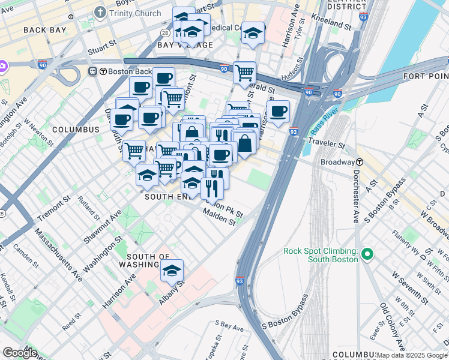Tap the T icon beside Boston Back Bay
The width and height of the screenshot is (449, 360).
[93, 71]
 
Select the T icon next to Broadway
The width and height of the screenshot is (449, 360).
[359, 162]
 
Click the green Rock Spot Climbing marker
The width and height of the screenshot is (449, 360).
[368, 255]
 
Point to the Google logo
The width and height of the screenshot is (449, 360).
[19, 353]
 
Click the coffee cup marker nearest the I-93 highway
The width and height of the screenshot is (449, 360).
[278, 111]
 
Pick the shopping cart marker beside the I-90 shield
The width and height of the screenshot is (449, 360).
[244, 73]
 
